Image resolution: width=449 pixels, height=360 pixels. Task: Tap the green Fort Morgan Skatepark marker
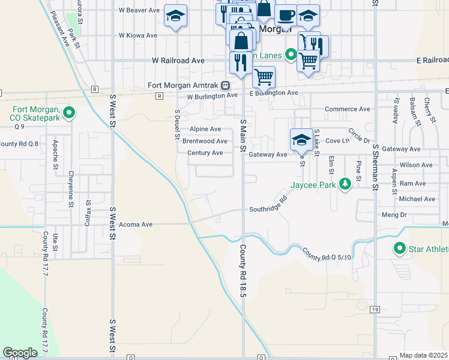tap(68, 112)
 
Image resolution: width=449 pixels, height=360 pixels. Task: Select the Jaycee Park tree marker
tap(345, 184)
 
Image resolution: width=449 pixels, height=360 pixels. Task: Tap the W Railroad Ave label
tap(178, 61)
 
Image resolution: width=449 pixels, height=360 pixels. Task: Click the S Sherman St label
tap(374, 167)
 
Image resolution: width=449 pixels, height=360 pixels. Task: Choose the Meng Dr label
tap(394, 214)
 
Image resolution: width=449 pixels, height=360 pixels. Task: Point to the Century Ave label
tap(205, 153)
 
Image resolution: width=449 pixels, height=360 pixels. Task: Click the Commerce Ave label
tap(347, 109)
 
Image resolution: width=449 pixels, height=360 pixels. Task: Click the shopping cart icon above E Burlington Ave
tap(264, 77)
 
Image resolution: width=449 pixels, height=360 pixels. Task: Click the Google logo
tap(20, 353)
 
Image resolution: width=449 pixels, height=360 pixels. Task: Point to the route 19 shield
tap(375, 309)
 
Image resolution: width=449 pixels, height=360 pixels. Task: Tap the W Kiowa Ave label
tap(138, 35)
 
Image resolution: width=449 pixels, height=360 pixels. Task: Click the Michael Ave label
tap(417, 199)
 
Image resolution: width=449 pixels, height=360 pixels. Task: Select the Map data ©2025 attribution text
tap(423, 355)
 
